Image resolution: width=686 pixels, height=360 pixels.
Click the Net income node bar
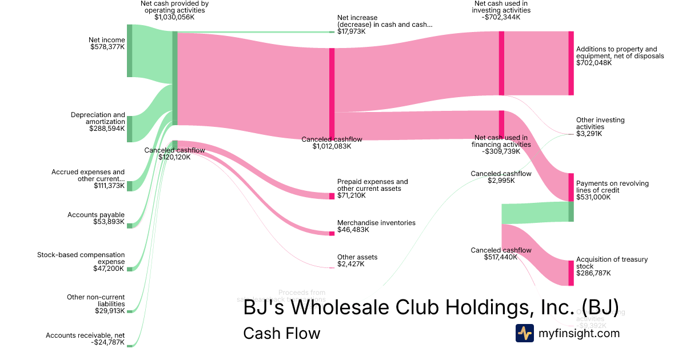(129, 50)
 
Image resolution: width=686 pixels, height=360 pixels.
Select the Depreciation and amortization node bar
(129, 129)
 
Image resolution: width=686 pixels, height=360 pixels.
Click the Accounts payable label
(95, 215)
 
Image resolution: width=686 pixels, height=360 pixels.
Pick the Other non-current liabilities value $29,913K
(109, 311)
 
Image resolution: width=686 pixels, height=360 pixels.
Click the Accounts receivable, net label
(85, 335)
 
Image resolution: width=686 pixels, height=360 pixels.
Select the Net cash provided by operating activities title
(174, 7)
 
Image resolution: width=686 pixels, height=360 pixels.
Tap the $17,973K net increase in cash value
(351, 31)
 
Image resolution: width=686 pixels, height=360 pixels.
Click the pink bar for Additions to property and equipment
(571, 63)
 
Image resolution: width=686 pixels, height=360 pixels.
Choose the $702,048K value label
(594, 63)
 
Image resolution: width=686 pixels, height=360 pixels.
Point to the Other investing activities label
(600, 123)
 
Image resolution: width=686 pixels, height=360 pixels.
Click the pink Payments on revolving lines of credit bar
(571, 187)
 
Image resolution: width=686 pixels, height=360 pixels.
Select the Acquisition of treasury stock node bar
(571, 273)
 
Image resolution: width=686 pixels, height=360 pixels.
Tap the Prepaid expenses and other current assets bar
(332, 196)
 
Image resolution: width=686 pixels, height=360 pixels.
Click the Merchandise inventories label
(376, 223)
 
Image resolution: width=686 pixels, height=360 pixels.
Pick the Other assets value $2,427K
(350, 264)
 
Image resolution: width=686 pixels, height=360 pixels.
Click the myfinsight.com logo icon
(524, 333)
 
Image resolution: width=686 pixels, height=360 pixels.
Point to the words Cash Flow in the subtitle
(281, 333)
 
